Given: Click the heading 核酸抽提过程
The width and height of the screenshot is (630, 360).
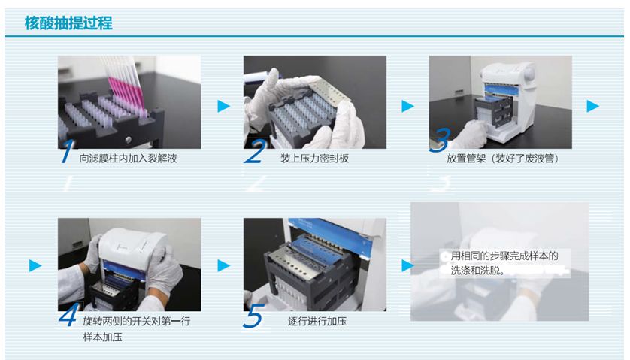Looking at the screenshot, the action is click(68, 23).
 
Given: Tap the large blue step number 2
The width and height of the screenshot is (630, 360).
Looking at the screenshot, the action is click(255, 151).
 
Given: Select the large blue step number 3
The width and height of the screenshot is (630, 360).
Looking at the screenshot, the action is click(440, 140).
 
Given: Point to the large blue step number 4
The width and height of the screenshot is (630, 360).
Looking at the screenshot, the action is click(68, 314).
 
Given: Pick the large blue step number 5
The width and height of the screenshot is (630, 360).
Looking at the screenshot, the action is click(254, 316).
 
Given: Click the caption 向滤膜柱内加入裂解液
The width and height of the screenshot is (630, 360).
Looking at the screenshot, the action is click(128, 159).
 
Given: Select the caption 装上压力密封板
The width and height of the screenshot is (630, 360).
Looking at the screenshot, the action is click(314, 159).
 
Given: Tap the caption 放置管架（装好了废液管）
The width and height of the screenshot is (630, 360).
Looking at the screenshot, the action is click(503, 159).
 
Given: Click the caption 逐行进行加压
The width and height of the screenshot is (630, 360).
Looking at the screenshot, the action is click(317, 321).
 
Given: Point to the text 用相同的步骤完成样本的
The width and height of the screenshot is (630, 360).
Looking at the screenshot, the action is click(504, 256).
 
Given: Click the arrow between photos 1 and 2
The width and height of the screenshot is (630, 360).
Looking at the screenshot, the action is click(223, 106).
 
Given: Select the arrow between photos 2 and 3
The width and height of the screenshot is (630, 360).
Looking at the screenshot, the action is click(407, 106).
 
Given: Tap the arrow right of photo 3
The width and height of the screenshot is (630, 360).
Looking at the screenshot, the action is click(592, 106).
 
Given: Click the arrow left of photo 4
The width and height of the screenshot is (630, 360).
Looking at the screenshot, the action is click(35, 265).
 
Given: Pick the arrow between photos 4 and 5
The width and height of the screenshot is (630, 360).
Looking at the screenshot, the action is click(223, 265).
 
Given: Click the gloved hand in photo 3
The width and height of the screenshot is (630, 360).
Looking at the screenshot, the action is click(474, 134).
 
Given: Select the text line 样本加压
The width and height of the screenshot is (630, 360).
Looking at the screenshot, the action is click(102, 337).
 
